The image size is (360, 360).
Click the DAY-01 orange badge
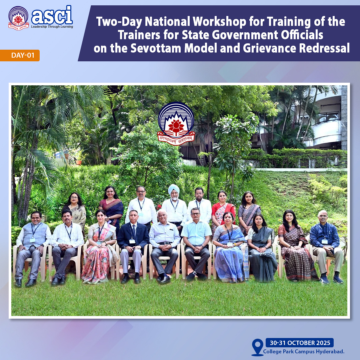click(x=20, y=55)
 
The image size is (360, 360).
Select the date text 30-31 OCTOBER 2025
click(x=300, y=343)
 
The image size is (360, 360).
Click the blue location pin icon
click(x=258, y=347)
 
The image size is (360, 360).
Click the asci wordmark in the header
click(x=52, y=15)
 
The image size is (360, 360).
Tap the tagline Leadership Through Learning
click(x=52, y=27)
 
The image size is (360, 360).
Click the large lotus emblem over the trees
click(x=176, y=124)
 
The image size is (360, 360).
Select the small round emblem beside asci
click(x=18, y=18)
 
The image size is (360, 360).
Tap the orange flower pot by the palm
click(x=79, y=162)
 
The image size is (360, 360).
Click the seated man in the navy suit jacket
click(x=132, y=245)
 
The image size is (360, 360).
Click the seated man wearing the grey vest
click(x=32, y=248)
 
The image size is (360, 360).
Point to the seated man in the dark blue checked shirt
click(x=326, y=247)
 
